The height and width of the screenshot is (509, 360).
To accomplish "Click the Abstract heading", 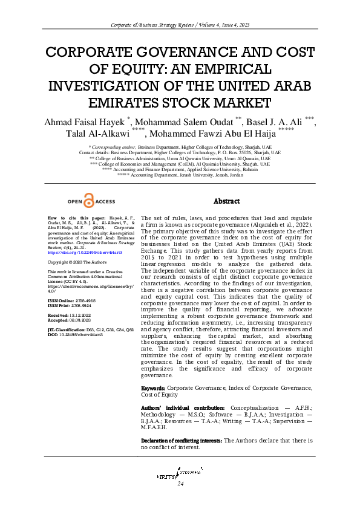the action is [227, 201].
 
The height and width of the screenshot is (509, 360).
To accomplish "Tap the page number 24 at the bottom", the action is [180, 484].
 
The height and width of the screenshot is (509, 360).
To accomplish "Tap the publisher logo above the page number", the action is [180, 473].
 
